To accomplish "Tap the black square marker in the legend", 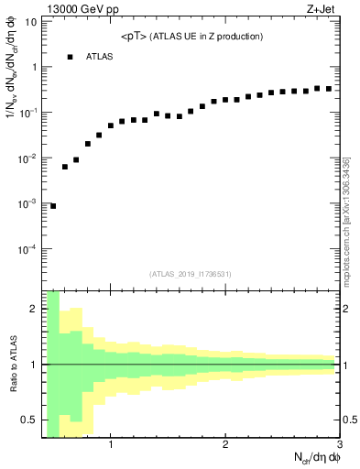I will coord(70,57).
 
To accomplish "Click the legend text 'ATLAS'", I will coord(100,57).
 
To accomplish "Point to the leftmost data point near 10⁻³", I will coord(53,206).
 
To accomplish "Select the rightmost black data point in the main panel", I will coord(329,89).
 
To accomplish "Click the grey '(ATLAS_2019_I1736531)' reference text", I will coord(190,273).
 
